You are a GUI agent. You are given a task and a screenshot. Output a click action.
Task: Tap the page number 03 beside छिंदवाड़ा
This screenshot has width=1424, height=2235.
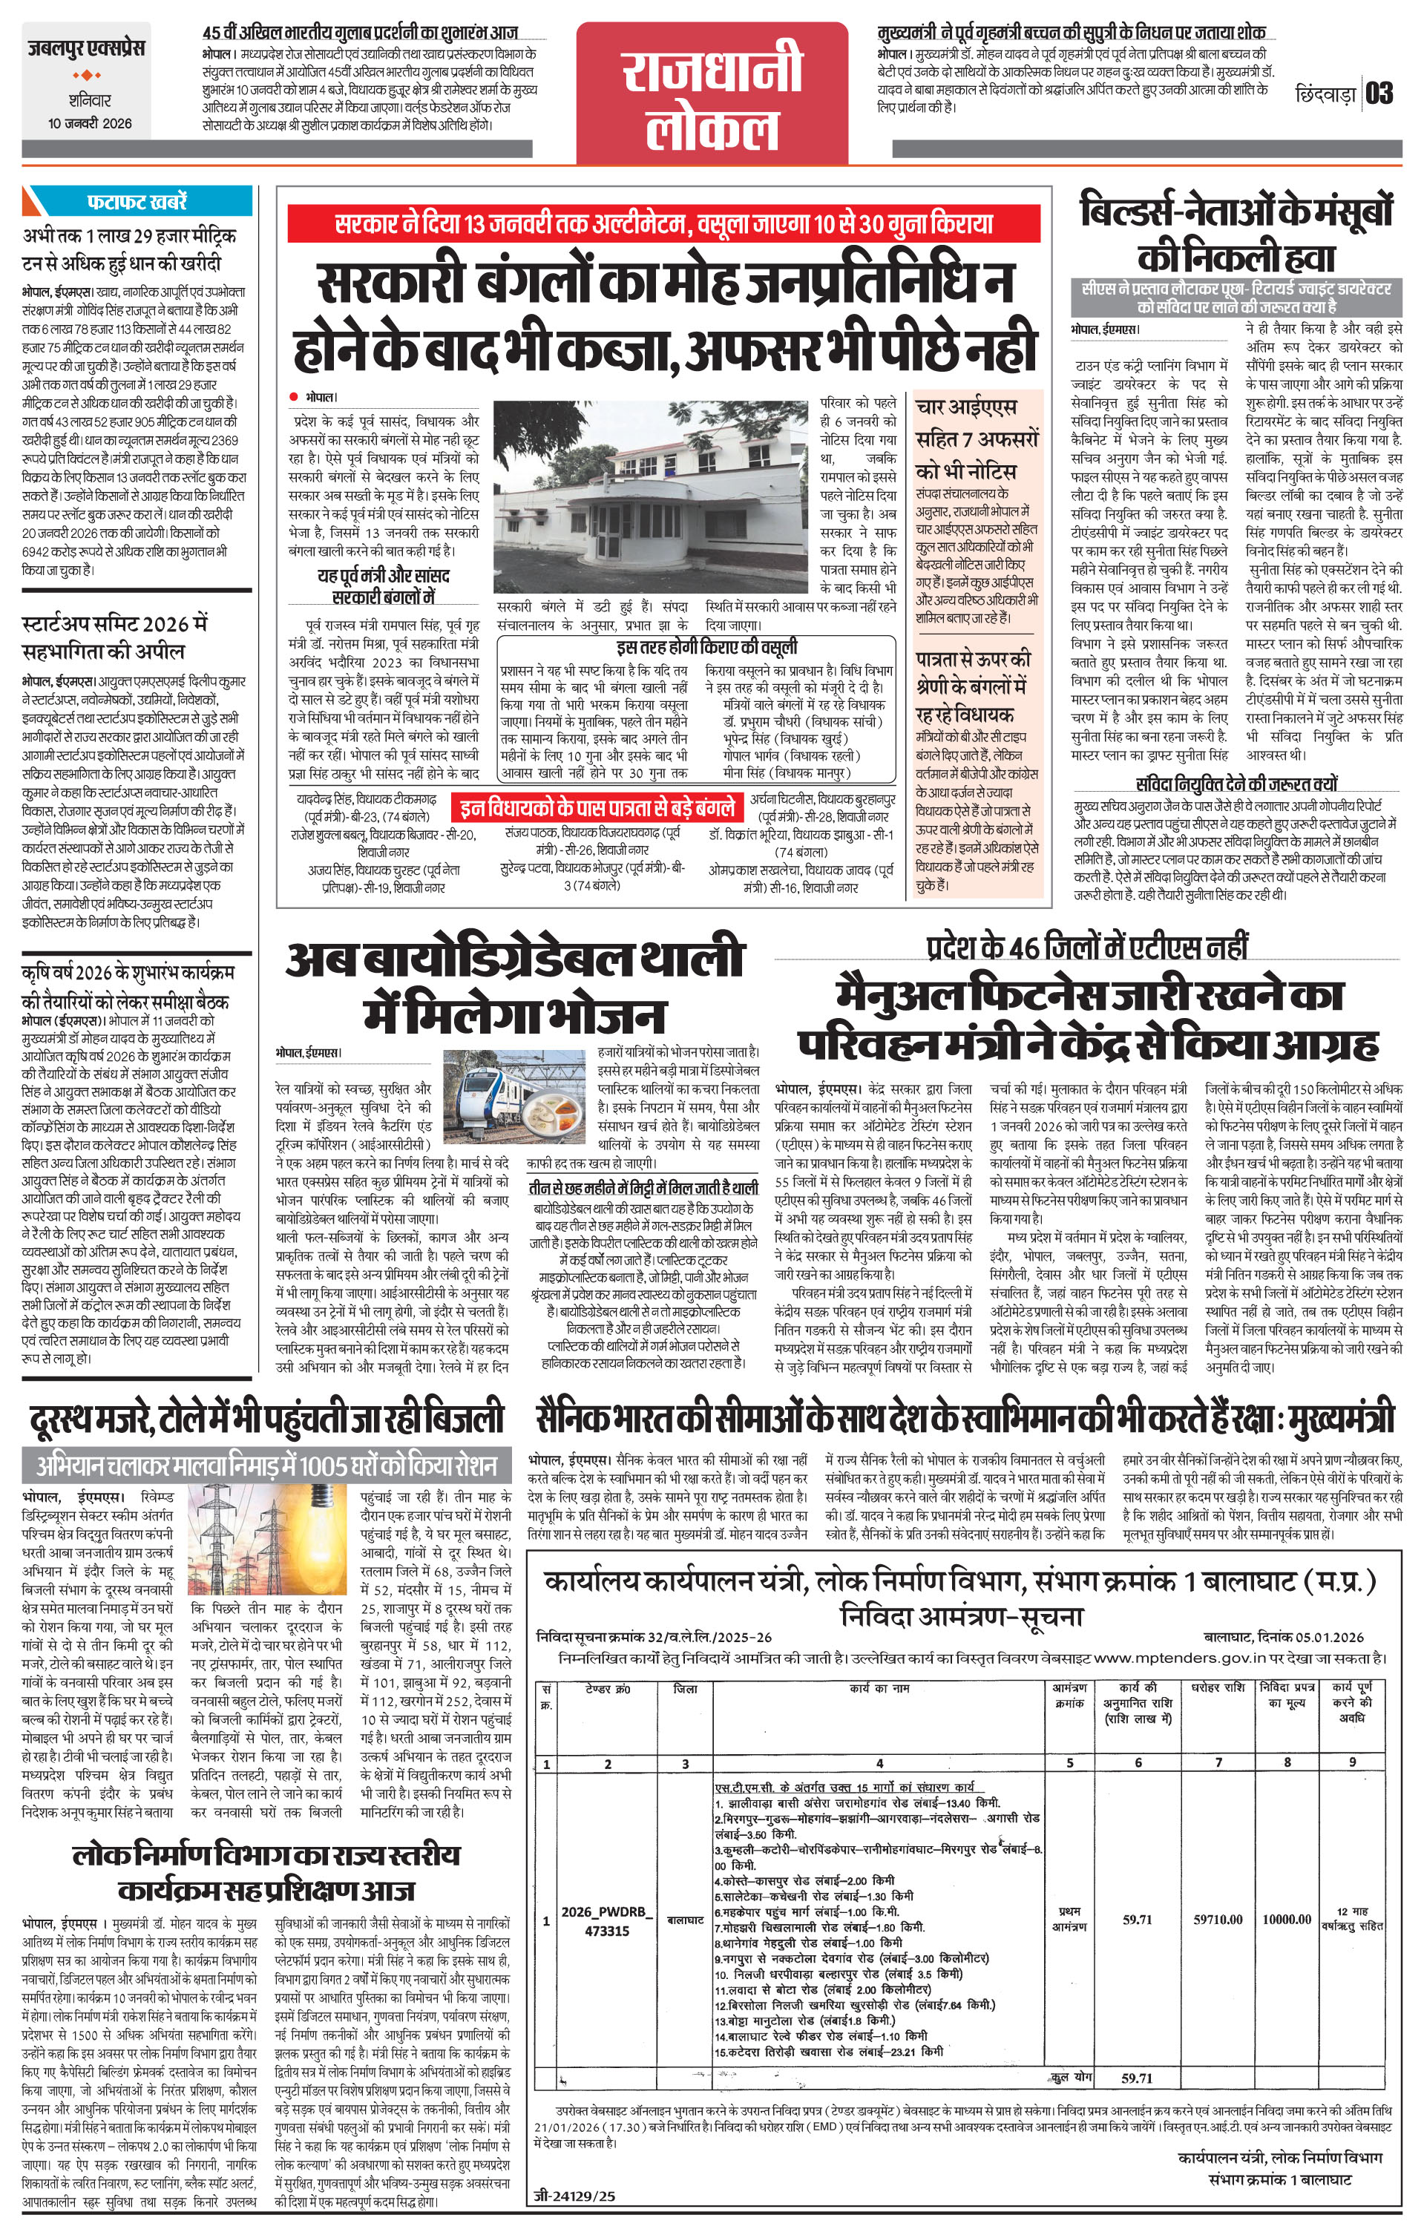click(1379, 93)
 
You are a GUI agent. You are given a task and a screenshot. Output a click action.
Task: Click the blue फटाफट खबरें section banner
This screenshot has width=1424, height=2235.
click(137, 201)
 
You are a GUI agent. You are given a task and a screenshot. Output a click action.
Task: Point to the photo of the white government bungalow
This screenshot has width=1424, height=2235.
click(651, 497)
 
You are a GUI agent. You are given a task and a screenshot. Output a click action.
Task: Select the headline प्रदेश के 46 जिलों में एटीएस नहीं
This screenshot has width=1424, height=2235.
click(1086, 946)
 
